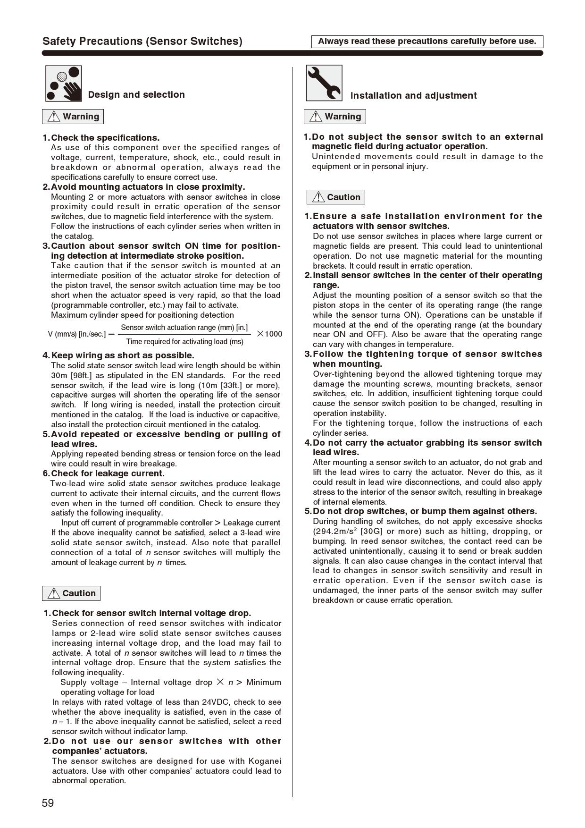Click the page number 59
pyautogui.click(x=48, y=803)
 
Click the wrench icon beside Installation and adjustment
pyautogui.click(x=324, y=83)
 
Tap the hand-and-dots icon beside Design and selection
pyautogui.click(x=63, y=84)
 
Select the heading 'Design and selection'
pyautogui.click(x=136, y=95)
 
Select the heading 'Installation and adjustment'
pyautogui.click(x=413, y=96)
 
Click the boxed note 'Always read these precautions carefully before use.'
pyautogui.click(x=427, y=42)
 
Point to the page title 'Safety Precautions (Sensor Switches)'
pyautogui.click(x=142, y=42)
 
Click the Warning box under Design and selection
pyautogui.click(x=73, y=117)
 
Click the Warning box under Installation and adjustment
pyautogui.click(x=334, y=117)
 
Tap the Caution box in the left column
pyautogui.click(x=71, y=593)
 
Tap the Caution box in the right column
pyautogui.click(x=335, y=197)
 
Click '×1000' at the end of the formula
pyautogui.click(x=269, y=334)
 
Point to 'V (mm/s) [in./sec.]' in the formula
pyautogui.click(x=77, y=334)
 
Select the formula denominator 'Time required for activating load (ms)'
pyautogui.click(x=184, y=342)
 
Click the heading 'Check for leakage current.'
pyautogui.click(x=108, y=473)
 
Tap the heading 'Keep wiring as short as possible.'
pyautogui.click(x=122, y=355)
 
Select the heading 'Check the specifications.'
pyautogui.click(x=105, y=138)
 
